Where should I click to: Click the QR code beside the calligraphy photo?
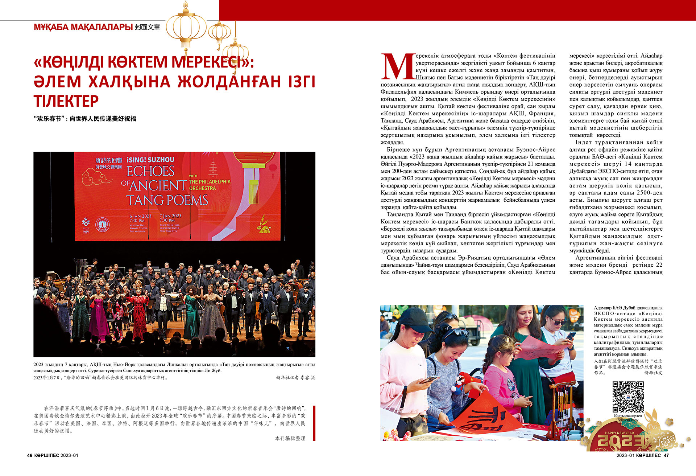point(628,397)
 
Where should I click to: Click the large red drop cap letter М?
point(398,67)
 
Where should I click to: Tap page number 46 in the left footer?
point(30,455)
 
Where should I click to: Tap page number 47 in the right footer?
point(666,455)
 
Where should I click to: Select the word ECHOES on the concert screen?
point(150,171)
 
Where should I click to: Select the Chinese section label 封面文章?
point(148,27)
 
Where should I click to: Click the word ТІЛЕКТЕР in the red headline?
point(66,101)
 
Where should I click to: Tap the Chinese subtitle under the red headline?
point(85,119)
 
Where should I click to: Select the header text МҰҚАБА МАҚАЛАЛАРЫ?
point(83,27)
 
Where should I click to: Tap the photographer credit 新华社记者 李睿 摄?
point(295,378)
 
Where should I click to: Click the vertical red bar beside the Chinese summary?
point(314,423)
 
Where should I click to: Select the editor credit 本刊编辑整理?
point(290,438)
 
